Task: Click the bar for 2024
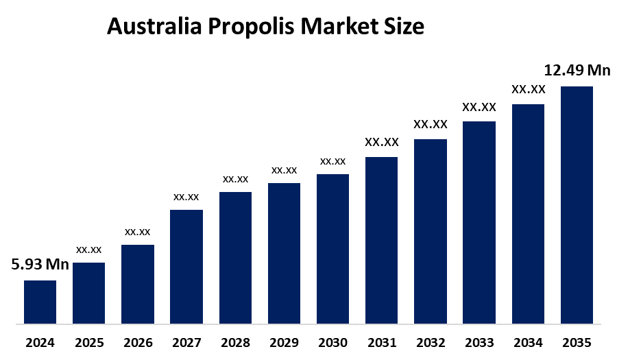[40, 302]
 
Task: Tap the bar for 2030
[332, 248]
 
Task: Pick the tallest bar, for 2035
[577, 204]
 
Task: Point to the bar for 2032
[431, 231]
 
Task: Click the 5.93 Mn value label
[40, 265]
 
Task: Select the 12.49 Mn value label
[577, 70]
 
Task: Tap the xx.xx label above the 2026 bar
[137, 232]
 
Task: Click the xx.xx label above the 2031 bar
[381, 143]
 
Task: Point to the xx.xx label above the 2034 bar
[528, 89]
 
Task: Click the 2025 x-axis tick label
[88, 342]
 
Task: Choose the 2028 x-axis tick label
[235, 342]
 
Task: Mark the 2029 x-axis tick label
[284, 342]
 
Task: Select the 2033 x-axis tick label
[479, 342]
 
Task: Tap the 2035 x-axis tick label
[577, 342]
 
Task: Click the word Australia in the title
[154, 27]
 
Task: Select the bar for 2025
[88, 293]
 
